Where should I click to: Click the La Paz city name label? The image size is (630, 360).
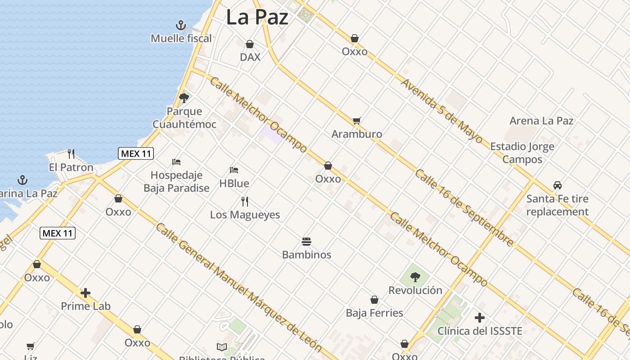tap(257, 18)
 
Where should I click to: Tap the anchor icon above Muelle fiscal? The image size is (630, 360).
tap(181, 25)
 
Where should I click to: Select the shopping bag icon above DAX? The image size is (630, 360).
tap(250, 44)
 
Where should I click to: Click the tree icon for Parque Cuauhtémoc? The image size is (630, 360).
tap(184, 98)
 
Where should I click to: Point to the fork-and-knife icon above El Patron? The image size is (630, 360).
tap(71, 154)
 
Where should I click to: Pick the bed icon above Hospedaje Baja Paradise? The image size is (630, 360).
tap(176, 162)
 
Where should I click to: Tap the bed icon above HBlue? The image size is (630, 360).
tap(234, 170)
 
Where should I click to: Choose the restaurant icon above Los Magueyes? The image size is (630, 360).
tap(245, 201)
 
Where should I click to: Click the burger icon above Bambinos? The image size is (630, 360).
tap(306, 241)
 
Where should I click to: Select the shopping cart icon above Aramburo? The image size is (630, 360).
tap(357, 121)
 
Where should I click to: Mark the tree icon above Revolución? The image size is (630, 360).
tap(415, 277)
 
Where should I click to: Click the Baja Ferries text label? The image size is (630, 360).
tap(374, 313)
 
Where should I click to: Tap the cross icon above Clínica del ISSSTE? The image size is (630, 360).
tap(480, 318)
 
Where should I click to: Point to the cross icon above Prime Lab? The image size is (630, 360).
tap(85, 293)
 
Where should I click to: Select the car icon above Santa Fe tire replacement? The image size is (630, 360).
tap(558, 185)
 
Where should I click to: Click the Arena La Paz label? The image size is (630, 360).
tap(541, 121)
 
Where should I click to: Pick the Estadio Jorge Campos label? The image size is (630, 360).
tap(522, 153)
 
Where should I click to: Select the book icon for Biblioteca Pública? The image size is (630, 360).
tap(222, 347)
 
